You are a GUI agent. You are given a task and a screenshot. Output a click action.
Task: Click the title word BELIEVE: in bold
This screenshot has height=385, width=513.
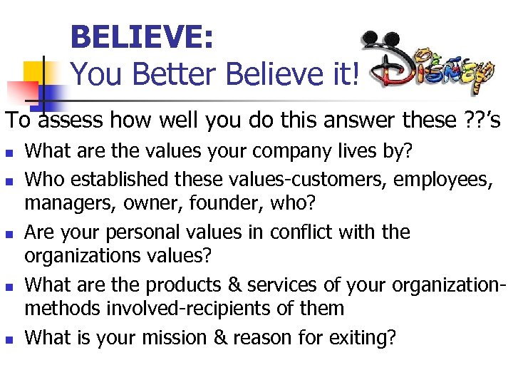pyautogui.click(x=142, y=37)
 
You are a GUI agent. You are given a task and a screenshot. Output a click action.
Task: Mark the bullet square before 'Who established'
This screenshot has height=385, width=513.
pyautogui.click(x=9, y=179)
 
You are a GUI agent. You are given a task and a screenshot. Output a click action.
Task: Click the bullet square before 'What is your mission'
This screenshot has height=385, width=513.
pyautogui.click(x=9, y=339)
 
